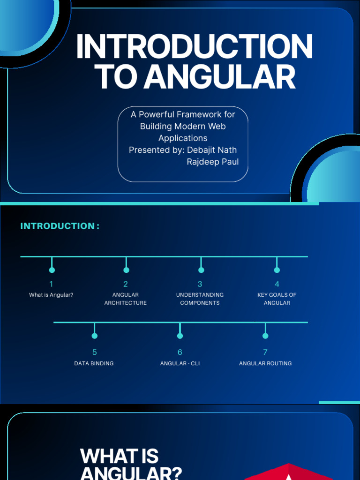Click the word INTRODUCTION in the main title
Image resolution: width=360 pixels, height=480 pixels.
[x=194, y=46]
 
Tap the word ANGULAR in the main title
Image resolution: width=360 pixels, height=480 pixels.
[x=220, y=77]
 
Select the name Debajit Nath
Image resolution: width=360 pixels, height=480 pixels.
[x=212, y=150]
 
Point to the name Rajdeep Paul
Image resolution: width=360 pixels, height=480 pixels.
[x=213, y=162]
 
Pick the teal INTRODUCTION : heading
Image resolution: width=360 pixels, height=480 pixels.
[x=60, y=226]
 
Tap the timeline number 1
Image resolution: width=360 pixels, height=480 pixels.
[x=52, y=284]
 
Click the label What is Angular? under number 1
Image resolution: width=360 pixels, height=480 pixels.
[x=51, y=295]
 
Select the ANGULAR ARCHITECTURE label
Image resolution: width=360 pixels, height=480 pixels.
[x=126, y=299]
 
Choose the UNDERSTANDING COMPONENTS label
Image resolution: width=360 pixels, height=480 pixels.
[x=200, y=299]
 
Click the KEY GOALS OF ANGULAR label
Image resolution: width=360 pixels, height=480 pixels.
[x=277, y=299]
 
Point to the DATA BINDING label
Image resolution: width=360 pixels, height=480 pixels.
[x=94, y=363]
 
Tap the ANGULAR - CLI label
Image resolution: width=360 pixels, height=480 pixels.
[x=180, y=363]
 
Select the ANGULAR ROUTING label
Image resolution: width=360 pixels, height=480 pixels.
[x=265, y=363]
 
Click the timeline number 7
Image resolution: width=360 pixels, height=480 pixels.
[x=265, y=352]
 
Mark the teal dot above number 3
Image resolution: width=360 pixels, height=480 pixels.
[x=201, y=270]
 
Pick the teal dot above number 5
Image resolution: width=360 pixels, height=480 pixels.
[x=95, y=336]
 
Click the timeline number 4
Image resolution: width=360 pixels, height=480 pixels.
[x=277, y=284]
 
